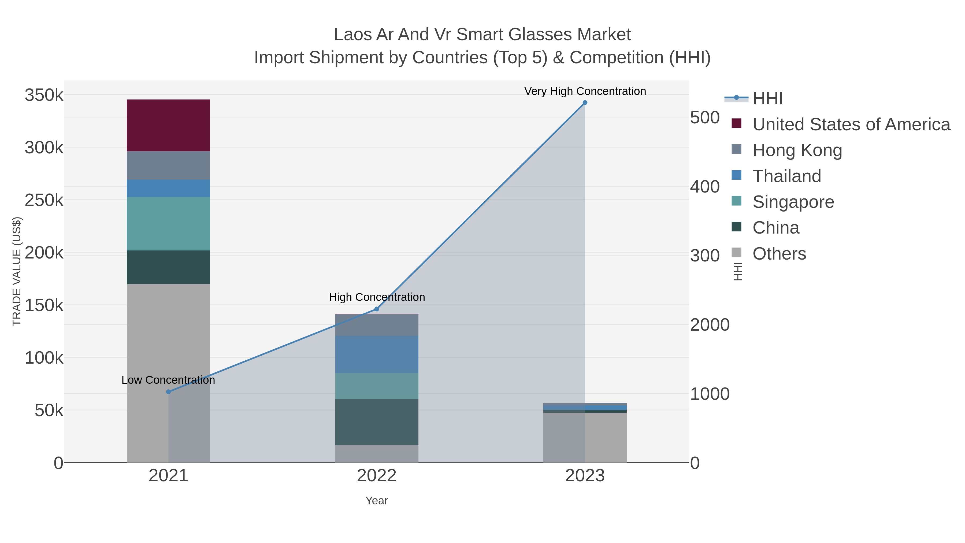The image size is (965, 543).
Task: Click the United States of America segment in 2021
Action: (x=168, y=125)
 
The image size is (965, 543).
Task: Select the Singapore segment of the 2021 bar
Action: (x=168, y=224)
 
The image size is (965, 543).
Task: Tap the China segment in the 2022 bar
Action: (x=377, y=422)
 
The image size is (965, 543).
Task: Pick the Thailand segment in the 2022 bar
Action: (x=377, y=354)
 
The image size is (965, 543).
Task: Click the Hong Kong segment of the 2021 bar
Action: (x=168, y=165)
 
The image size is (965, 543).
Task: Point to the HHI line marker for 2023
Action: (x=585, y=103)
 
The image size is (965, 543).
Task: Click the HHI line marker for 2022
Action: (x=377, y=309)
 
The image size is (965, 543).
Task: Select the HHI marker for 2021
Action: (x=168, y=391)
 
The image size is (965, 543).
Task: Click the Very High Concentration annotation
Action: (x=585, y=91)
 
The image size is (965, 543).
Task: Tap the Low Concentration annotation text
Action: (x=168, y=380)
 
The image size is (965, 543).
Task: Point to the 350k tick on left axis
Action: (x=44, y=95)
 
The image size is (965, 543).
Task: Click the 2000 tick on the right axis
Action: (x=710, y=325)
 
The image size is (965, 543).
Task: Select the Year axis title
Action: (x=377, y=501)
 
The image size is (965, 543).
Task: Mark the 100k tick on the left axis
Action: (x=44, y=358)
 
